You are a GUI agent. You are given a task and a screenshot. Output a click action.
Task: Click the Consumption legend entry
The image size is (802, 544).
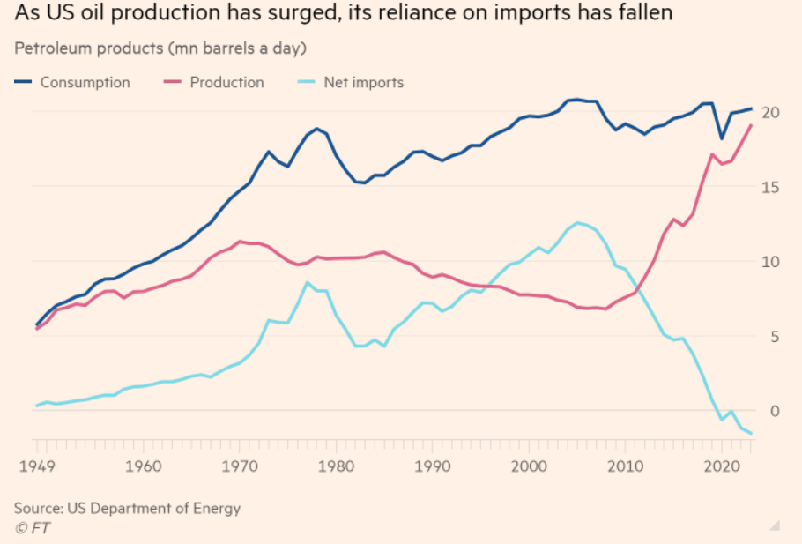click(85, 82)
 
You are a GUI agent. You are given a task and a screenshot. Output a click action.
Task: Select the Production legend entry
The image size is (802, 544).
click(226, 82)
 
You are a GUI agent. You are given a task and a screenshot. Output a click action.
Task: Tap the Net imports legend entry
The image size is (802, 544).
click(363, 82)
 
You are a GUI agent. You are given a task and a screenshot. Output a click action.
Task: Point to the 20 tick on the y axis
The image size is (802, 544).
click(771, 112)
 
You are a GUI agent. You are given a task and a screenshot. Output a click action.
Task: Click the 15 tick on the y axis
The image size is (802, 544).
click(771, 187)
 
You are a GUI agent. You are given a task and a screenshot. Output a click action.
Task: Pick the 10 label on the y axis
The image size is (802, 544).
click(771, 262)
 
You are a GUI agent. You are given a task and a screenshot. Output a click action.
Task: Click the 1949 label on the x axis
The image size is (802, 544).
click(36, 466)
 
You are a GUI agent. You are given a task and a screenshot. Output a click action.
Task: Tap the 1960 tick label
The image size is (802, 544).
click(142, 466)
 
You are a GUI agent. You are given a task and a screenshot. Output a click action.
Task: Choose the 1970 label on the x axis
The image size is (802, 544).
click(238, 466)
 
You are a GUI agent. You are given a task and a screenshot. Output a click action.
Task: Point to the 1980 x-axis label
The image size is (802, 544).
click(335, 466)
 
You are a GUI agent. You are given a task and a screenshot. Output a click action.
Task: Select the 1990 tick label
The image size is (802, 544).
click(432, 466)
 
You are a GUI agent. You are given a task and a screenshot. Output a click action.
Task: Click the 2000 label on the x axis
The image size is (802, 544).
click(529, 466)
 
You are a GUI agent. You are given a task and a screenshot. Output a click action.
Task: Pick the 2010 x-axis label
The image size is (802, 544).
click(626, 466)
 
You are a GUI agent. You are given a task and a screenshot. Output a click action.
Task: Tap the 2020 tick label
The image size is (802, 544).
click(722, 466)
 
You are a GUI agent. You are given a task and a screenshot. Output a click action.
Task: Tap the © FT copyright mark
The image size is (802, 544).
click(34, 528)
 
